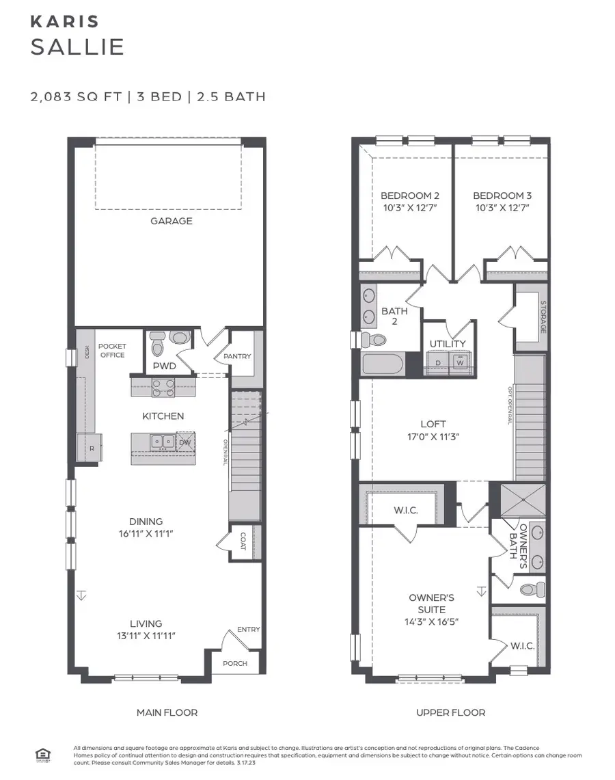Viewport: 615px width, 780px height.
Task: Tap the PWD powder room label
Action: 164,366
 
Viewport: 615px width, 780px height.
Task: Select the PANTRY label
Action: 237,356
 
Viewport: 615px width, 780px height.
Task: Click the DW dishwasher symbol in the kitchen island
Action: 185,442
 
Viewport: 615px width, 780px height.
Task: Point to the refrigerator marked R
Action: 92,448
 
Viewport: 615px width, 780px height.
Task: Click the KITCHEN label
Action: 163,416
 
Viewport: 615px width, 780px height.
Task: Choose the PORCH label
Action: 235,663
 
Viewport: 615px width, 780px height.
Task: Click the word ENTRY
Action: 248,630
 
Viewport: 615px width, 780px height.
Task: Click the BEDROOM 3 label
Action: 502,196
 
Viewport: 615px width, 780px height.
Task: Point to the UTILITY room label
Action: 448,344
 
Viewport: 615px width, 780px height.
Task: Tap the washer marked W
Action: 460,362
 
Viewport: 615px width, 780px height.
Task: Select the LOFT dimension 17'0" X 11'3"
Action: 433,435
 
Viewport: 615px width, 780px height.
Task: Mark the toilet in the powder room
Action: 158,345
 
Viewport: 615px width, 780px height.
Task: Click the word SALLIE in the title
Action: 77,47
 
